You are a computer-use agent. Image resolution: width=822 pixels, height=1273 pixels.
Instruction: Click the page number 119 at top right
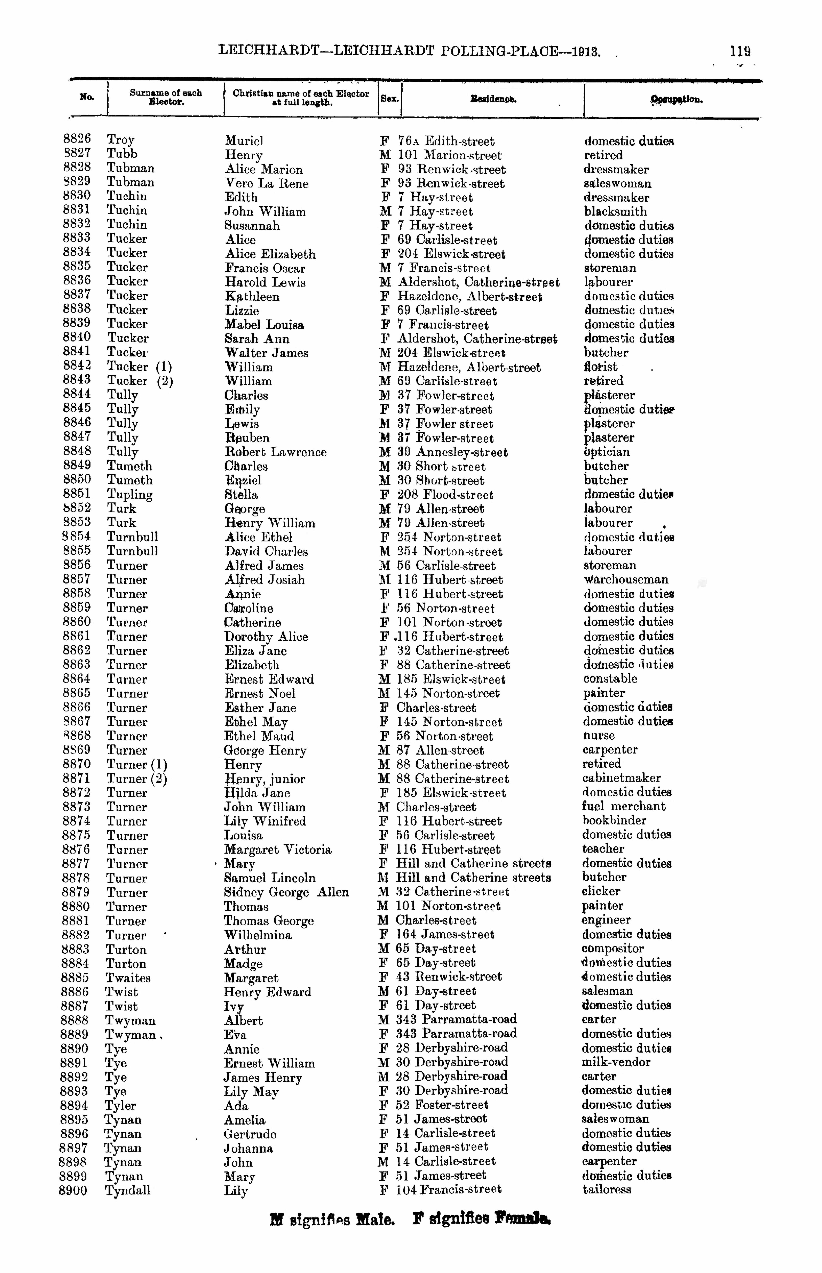pos(740,52)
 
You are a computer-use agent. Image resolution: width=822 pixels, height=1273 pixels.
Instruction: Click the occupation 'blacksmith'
pos(615,211)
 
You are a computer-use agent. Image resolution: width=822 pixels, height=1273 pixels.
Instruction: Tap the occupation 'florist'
pos(601,367)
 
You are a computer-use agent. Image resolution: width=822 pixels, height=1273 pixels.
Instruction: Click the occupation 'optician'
pos(606,452)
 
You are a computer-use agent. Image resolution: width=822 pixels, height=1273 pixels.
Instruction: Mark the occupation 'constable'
pos(610,679)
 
